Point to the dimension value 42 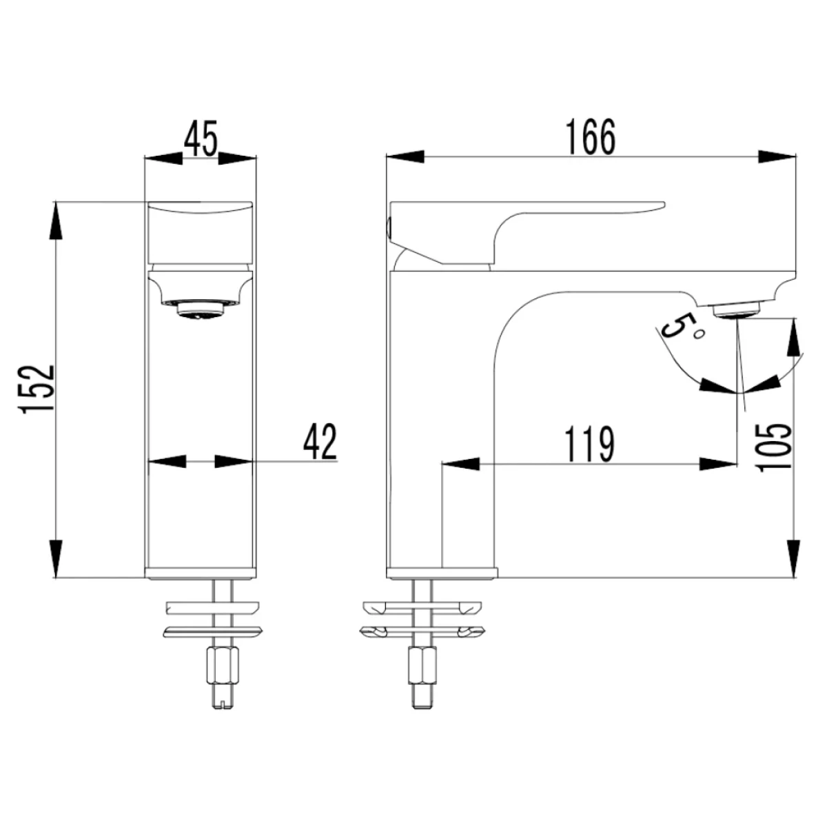[320, 441]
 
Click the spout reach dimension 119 [590, 445]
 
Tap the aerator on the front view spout [200, 308]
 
